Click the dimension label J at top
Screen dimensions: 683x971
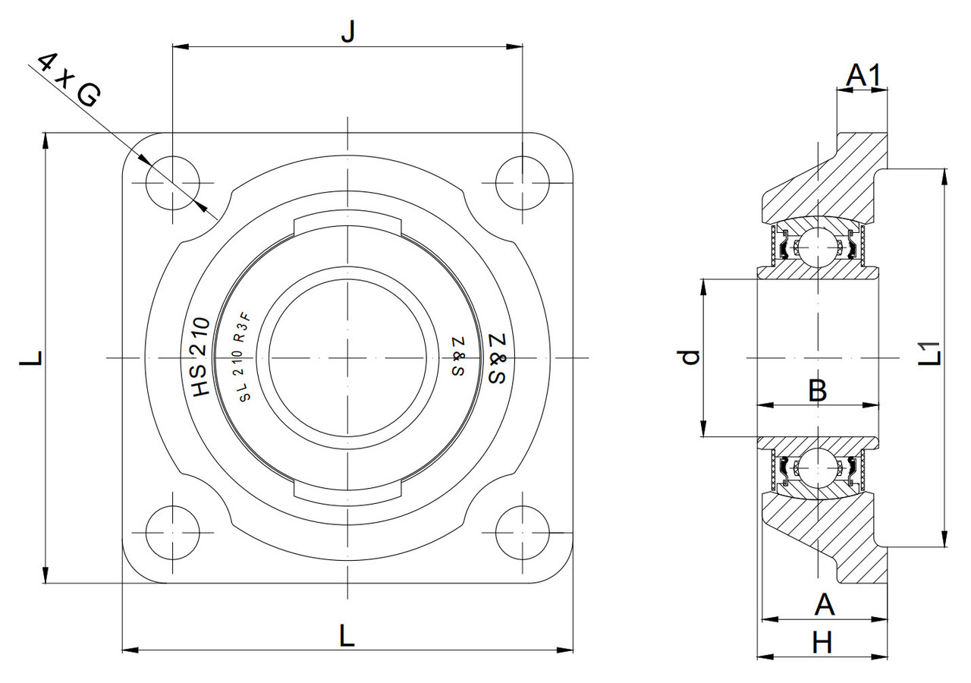(347, 32)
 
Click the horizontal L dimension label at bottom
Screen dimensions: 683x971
(347, 635)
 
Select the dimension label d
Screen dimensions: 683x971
(690, 357)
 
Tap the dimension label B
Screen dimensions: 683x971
(817, 391)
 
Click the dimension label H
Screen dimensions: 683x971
(822, 644)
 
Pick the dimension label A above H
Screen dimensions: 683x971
(824, 606)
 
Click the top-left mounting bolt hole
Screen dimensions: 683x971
(173, 183)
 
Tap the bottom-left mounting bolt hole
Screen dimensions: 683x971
(173, 532)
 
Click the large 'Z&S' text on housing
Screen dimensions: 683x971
(496, 357)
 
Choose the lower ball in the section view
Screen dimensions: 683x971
(817, 467)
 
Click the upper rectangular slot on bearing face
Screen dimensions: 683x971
(347, 225)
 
